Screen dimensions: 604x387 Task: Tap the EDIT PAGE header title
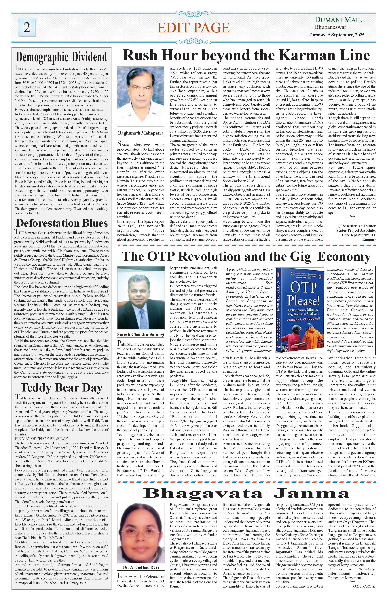tap(193, 28)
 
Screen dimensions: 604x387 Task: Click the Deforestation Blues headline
tap(62, 223)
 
